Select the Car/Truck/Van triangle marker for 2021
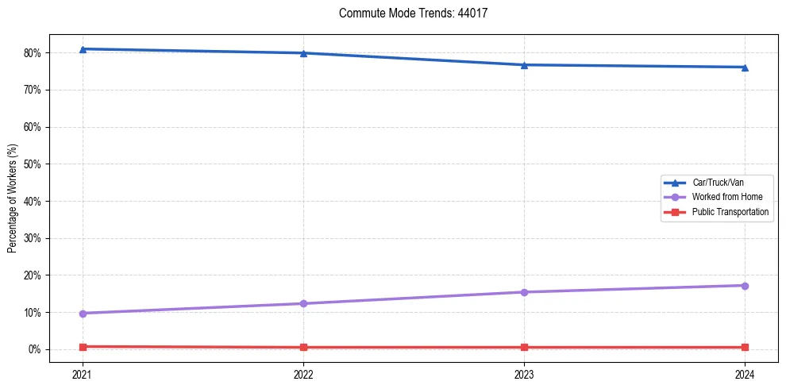pos(83,49)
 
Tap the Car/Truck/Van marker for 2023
pos(524,65)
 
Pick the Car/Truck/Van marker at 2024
pos(745,67)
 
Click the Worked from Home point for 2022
pos(303,303)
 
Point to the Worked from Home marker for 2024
pos(745,286)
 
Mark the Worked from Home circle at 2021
pos(83,314)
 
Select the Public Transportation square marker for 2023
pos(524,347)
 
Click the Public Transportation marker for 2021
pos(83,346)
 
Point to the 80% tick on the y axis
pos(34,53)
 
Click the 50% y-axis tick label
pos(34,164)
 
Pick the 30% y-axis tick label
pos(34,238)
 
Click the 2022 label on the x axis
pos(303,373)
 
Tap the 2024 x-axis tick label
pos(745,373)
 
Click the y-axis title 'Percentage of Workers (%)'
pos(13,198)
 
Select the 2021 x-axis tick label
pos(83,373)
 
